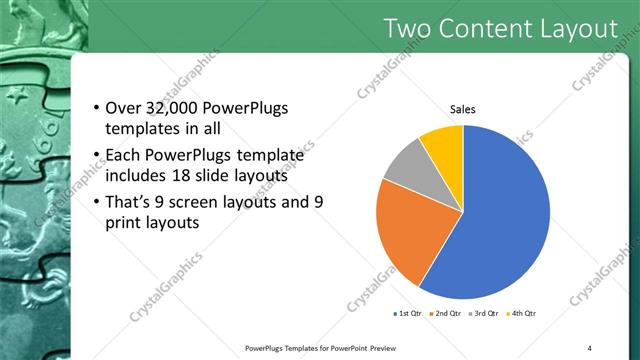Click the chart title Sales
point(462,109)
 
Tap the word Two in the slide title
point(410,29)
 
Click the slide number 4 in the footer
point(589,348)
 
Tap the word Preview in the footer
point(384,348)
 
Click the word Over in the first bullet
point(124,108)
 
